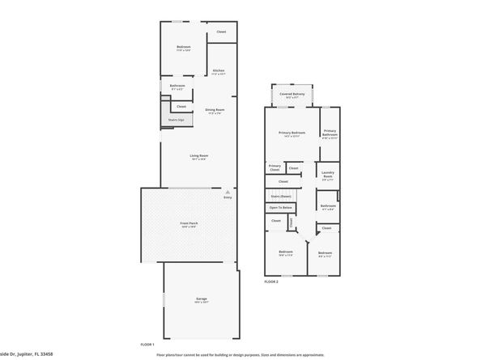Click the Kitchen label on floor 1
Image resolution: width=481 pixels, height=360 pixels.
pos(219,70)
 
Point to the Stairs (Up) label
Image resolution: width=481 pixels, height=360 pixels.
pos(177,120)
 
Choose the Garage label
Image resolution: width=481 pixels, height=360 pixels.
pos(201,299)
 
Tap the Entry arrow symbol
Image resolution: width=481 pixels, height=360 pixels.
pos(228,191)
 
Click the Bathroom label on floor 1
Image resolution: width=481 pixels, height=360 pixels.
pos(177,86)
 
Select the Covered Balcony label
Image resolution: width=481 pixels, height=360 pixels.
pos(292,94)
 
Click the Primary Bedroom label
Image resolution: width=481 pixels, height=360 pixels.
pos(292,132)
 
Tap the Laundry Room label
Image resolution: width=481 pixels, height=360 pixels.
pos(328,175)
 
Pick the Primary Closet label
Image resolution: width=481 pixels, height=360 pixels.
pos(275,167)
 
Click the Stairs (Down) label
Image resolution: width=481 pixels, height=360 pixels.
pos(281,196)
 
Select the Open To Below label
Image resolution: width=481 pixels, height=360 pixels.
pos(281,207)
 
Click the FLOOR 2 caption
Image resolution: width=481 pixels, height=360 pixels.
pos(271,282)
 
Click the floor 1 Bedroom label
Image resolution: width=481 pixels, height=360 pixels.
pos(183,47)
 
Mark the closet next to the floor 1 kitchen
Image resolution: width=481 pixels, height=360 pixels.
pos(221,32)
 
